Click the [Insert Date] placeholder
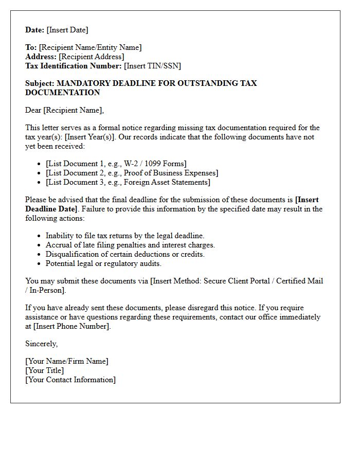67,30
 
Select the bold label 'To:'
31,47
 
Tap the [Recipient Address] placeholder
91,57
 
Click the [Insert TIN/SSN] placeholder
152,66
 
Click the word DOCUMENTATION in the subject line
62,93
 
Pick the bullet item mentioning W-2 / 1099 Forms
116,164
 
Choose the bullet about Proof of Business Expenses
132,173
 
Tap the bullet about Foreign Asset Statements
128,182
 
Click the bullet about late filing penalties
130,245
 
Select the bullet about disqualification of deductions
125,254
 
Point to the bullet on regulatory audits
103,263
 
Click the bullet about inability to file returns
125,236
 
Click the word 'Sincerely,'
42,344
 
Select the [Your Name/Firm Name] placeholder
67,361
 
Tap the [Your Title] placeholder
45,370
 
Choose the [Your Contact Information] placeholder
70,380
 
